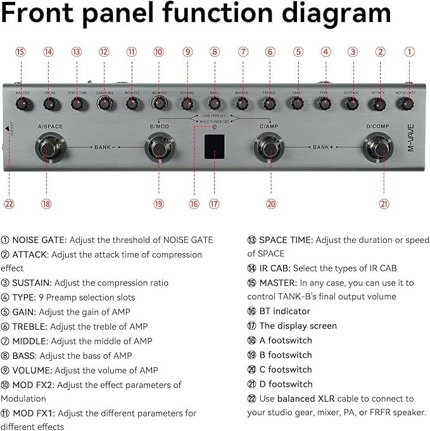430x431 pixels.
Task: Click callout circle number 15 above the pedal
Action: (x=20, y=52)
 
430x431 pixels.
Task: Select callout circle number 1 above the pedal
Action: (x=408, y=52)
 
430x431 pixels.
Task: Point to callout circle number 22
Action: (x=9, y=204)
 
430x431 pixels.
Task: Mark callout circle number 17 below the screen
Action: (x=214, y=204)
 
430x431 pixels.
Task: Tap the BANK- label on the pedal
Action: (x=104, y=147)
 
